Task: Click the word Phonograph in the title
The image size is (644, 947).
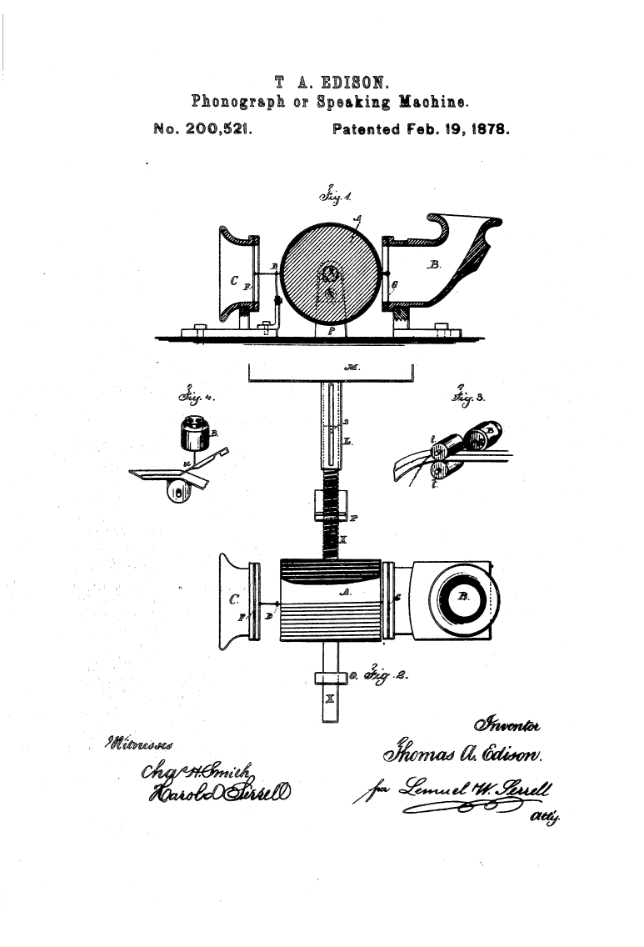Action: [235, 103]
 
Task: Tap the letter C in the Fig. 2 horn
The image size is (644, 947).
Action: [233, 599]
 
